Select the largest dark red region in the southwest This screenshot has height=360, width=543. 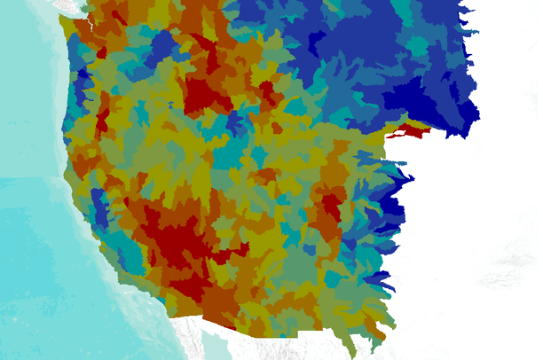(x=182, y=244)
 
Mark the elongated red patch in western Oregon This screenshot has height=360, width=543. (x=102, y=119)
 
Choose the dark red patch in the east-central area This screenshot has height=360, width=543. (x=332, y=207)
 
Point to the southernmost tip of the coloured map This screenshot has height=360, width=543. (x=355, y=353)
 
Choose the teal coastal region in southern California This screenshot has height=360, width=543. (x=129, y=257)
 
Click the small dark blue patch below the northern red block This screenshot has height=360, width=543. (x=236, y=124)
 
